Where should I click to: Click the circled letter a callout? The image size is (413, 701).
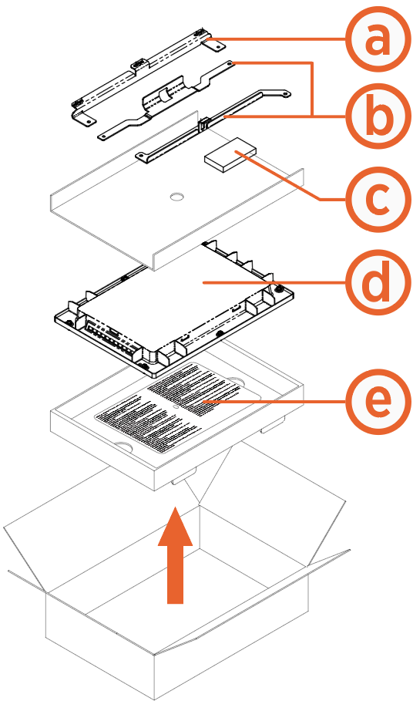(x=375, y=40)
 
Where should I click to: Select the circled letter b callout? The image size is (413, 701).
(x=375, y=116)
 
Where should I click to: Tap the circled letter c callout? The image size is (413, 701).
(x=375, y=199)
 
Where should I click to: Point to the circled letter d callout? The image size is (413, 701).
(x=375, y=283)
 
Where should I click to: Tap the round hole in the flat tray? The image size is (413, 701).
(x=176, y=197)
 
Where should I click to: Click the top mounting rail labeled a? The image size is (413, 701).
(x=143, y=73)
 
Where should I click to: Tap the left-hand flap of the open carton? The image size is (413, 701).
(x=31, y=548)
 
